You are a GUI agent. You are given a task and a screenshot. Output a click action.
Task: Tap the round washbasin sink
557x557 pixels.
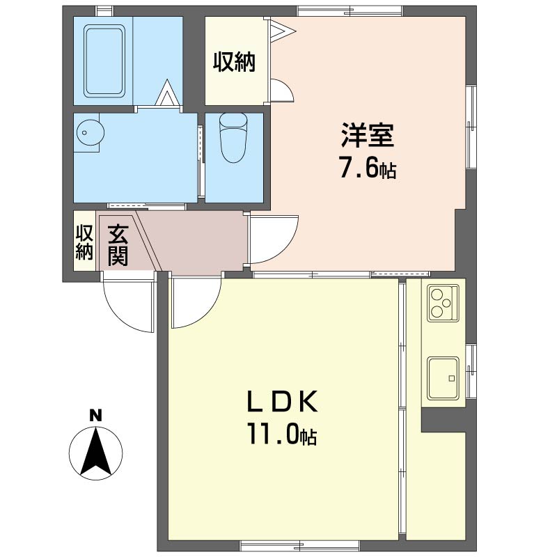(x=88, y=132)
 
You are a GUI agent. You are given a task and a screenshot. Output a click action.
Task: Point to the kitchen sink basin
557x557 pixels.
(x=442, y=378)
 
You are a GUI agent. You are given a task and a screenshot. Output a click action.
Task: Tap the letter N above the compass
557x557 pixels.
(x=96, y=416)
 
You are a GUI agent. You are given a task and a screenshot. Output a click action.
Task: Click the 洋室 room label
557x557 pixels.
(x=368, y=136)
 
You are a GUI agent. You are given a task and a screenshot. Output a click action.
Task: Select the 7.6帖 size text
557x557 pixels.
(x=367, y=169)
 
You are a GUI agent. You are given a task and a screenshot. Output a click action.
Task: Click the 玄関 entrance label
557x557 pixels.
(x=117, y=245)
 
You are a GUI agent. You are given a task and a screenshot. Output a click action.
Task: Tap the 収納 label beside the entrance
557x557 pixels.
(x=84, y=242)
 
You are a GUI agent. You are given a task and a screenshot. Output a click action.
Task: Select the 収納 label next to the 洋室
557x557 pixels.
(x=234, y=62)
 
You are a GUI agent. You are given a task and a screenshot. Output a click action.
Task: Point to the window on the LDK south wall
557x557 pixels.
(x=300, y=544)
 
